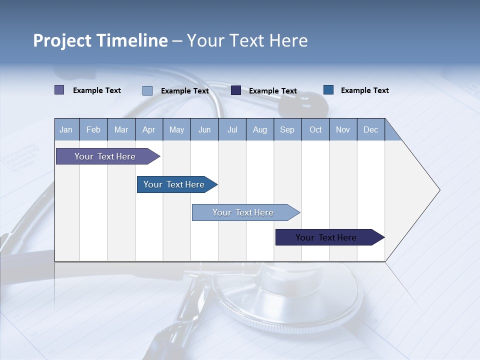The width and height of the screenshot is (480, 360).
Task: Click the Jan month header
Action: click(66, 130)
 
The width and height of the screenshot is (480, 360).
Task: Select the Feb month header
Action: click(93, 130)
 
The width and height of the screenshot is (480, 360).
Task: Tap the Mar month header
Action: click(121, 130)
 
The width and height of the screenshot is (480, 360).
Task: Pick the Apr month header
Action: click(149, 130)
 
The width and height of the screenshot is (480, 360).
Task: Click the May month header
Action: click(176, 130)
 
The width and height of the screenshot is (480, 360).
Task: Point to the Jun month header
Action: click(204, 130)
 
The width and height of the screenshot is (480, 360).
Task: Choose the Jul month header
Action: click(232, 130)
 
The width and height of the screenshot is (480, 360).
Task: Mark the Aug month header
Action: click(260, 130)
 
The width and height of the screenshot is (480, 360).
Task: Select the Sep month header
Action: click(287, 130)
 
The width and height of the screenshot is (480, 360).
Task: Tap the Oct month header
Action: click(315, 130)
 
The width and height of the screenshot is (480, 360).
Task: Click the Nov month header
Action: click(343, 130)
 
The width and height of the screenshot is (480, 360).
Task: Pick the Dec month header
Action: click(371, 130)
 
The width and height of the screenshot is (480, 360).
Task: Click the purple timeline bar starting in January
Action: click(105, 156)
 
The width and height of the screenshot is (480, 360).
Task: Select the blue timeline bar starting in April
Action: click(174, 184)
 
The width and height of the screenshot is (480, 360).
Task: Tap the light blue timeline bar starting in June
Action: click(243, 212)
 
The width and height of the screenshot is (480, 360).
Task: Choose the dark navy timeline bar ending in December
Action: click(326, 237)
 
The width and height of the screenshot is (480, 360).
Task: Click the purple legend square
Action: click(59, 90)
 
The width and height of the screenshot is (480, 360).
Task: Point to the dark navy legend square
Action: click(236, 90)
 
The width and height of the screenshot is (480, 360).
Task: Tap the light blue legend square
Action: click(147, 90)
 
